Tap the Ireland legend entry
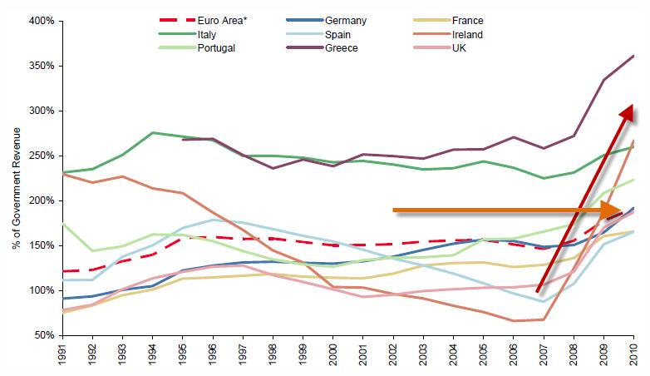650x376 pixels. [x=466, y=34]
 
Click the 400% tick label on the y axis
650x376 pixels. [x=40, y=20]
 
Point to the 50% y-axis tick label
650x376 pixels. [x=42, y=335]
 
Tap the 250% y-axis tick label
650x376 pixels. [x=40, y=156]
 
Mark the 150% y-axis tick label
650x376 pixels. [x=40, y=245]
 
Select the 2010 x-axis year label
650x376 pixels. [x=634, y=356]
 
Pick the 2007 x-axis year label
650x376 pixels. [x=544, y=356]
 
